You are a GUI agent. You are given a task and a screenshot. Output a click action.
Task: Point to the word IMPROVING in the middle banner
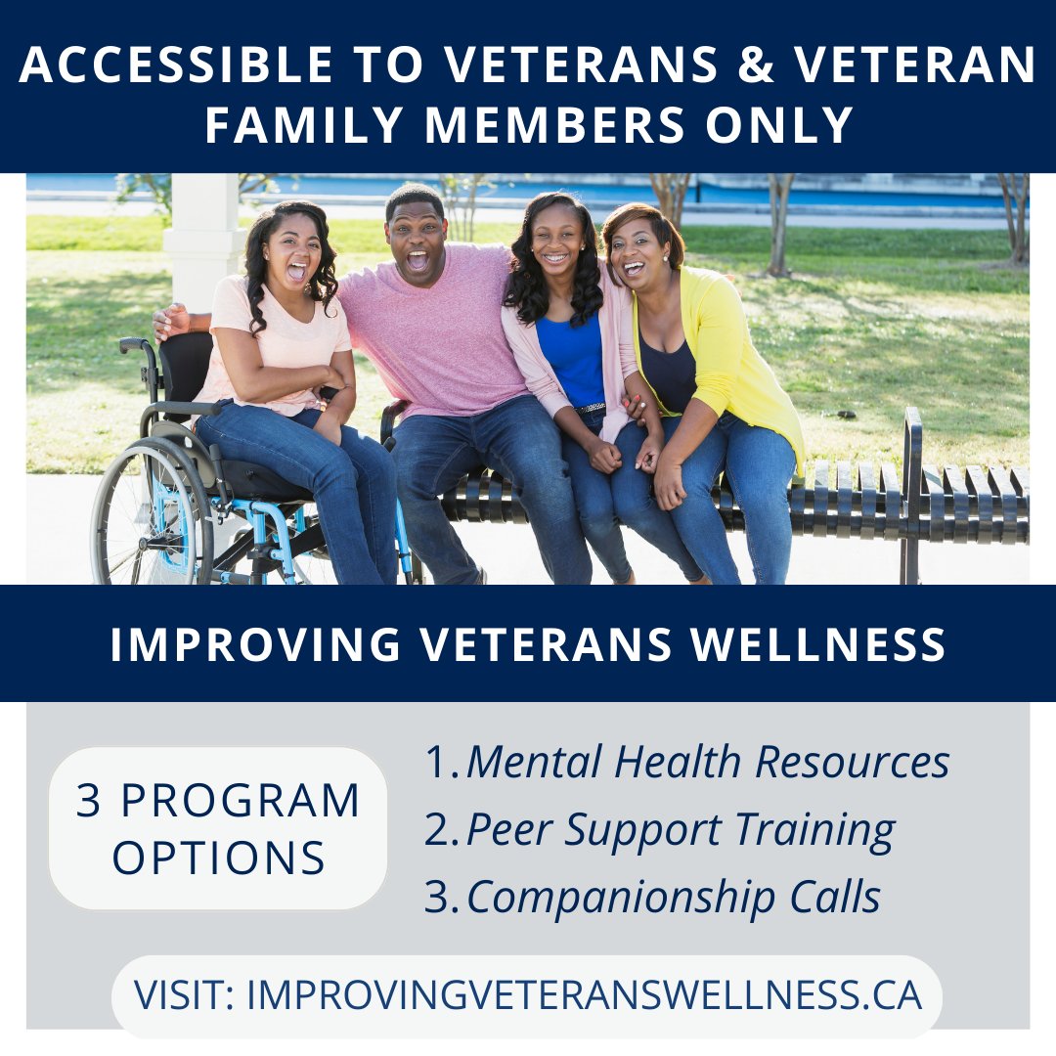[255, 645]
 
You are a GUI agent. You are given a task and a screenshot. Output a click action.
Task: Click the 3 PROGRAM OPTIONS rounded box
[218, 828]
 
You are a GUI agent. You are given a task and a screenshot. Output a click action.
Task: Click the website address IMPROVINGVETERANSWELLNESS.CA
[584, 995]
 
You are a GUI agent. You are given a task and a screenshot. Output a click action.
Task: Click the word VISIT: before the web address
[186, 995]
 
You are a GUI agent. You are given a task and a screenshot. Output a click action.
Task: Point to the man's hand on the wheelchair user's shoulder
[172, 319]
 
